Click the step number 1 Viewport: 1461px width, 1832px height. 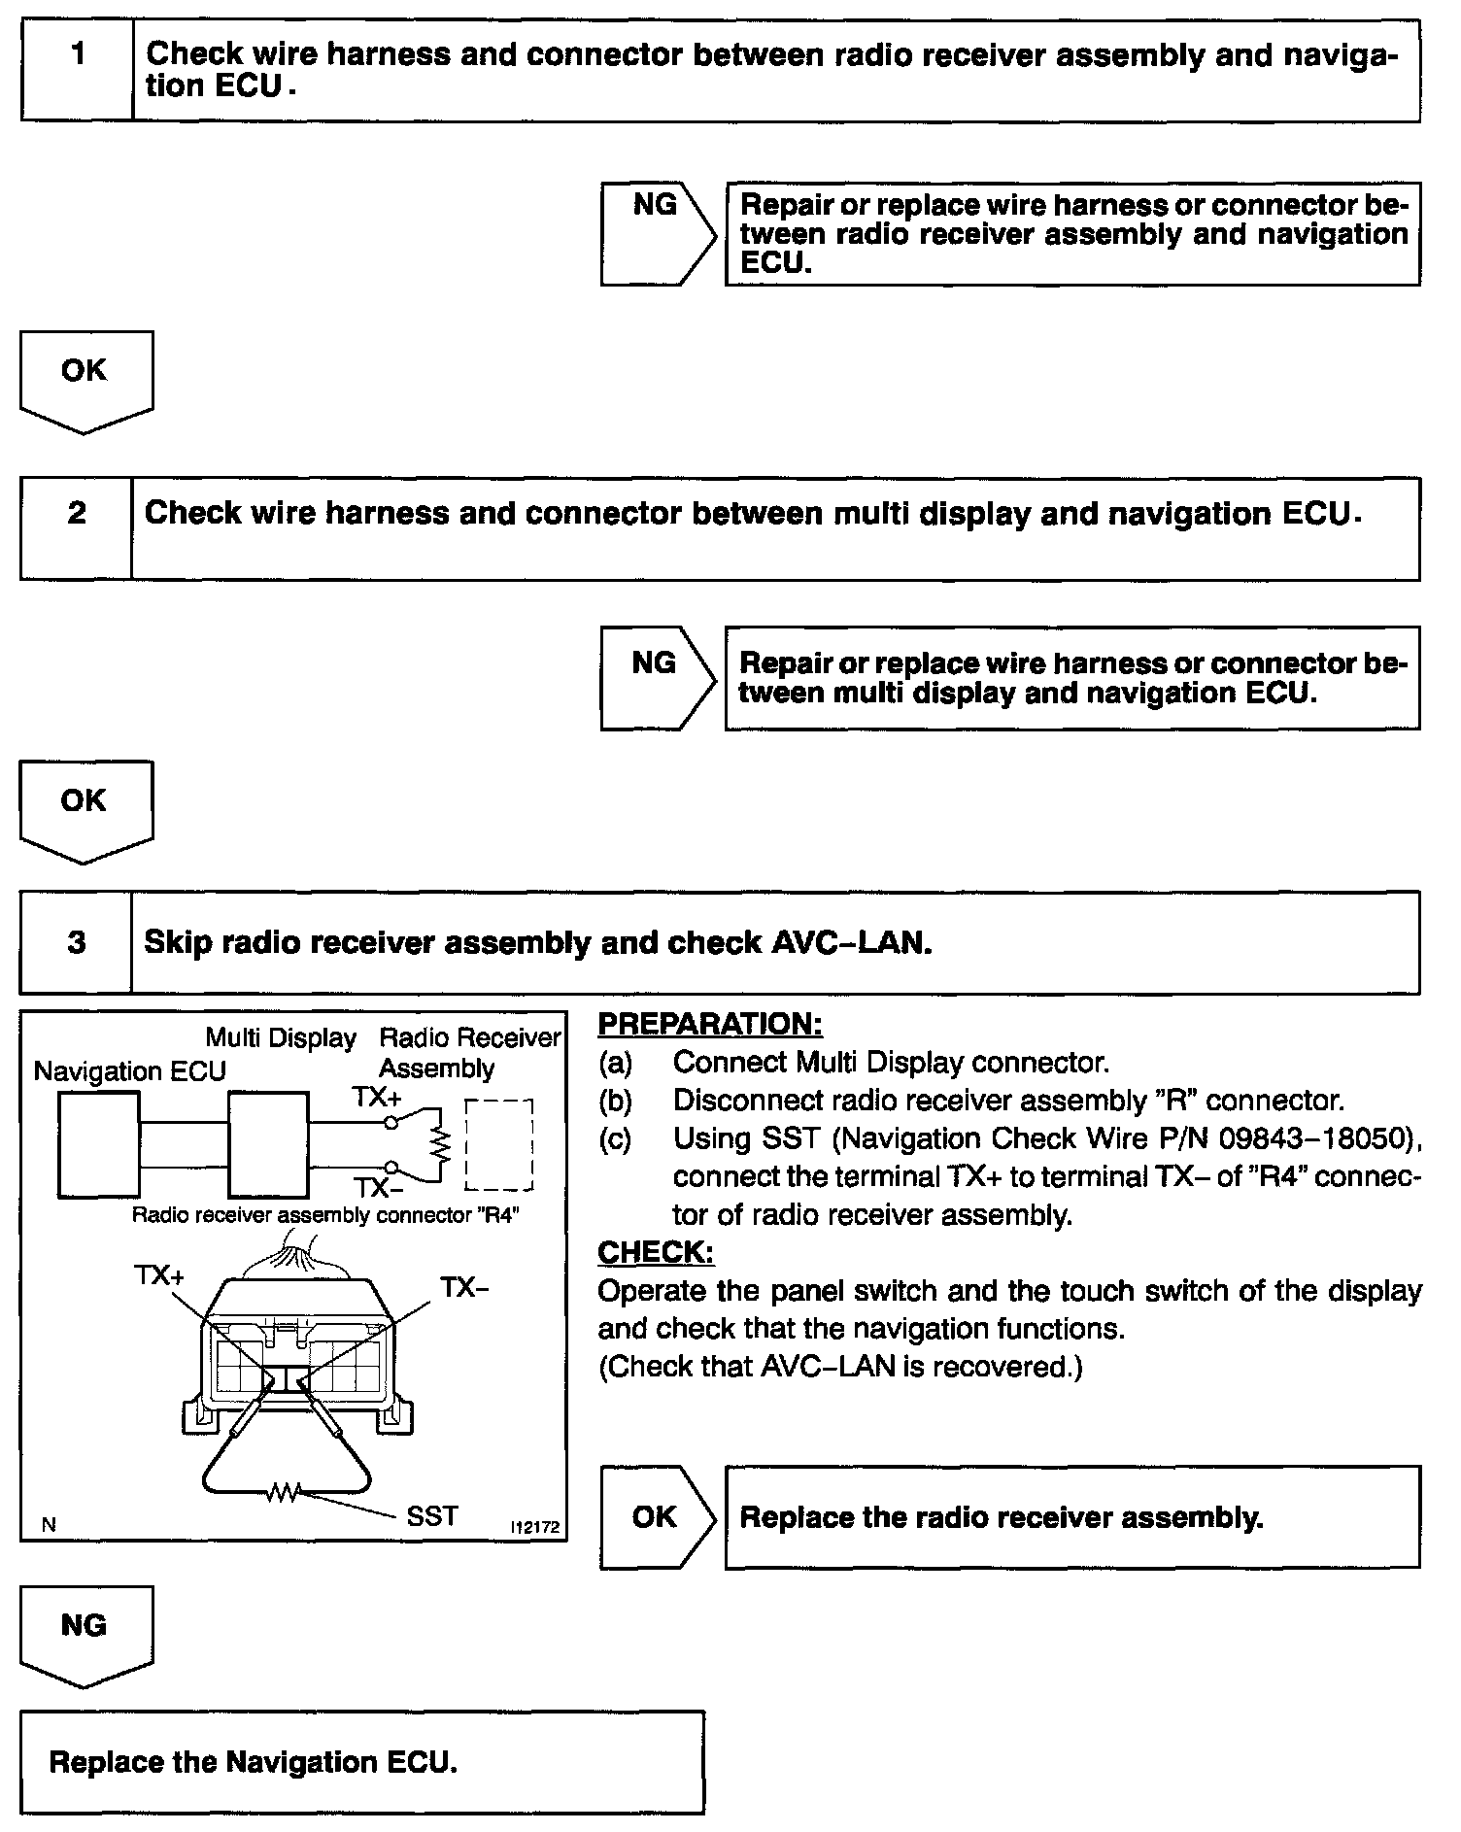(x=77, y=54)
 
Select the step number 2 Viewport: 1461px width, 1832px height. (x=77, y=513)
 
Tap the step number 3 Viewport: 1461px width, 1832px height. (x=77, y=942)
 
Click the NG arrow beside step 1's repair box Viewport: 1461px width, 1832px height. (x=658, y=233)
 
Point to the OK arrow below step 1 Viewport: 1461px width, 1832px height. (x=85, y=379)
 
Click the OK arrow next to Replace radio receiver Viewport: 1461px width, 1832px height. (x=657, y=1517)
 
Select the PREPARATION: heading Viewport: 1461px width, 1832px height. (x=710, y=1024)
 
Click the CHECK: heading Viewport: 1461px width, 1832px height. (x=656, y=1253)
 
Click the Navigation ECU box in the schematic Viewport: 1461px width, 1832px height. (x=98, y=1143)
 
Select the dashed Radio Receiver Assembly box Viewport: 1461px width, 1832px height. (x=499, y=1145)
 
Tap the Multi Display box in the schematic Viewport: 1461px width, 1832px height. (x=268, y=1143)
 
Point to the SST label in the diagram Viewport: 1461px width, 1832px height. (x=432, y=1516)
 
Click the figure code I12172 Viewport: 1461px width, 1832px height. (x=535, y=1527)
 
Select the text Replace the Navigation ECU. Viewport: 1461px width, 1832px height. (x=253, y=1761)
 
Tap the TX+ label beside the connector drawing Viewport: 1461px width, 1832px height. (x=159, y=1275)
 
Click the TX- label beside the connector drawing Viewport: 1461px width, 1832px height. (x=464, y=1288)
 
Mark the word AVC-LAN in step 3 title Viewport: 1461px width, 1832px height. (x=850, y=942)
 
